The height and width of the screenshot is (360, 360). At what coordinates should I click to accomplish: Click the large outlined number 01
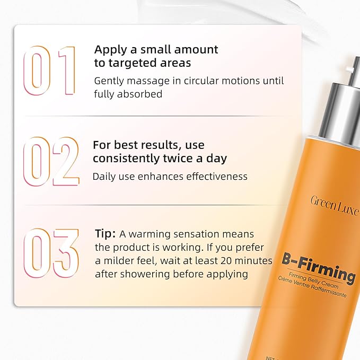pos(49,71)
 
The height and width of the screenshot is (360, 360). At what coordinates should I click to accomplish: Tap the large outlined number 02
pos(51,161)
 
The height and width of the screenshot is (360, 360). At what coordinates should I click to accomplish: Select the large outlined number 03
pos(51,253)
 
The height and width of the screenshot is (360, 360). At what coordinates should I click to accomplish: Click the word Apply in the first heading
pos(110,50)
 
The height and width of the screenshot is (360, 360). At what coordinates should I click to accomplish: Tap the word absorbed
pos(139,94)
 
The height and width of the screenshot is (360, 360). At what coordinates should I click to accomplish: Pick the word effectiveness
pos(217,177)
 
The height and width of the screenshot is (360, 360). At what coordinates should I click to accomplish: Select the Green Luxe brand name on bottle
pos(335,206)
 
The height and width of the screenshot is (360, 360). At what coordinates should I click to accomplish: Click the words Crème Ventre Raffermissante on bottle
pos(312,287)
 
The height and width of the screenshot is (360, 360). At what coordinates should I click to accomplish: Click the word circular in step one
pos(201,81)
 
